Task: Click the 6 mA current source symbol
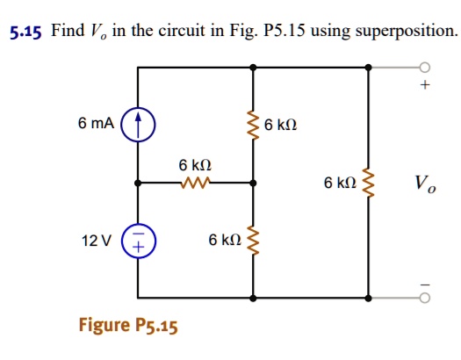pos(137,125)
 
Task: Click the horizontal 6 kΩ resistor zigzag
pos(194,184)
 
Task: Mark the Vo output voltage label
pos(423,184)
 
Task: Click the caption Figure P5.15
pos(128,327)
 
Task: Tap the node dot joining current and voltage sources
pos(137,184)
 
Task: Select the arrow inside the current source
pos(137,125)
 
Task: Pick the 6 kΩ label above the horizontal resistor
pos(195,166)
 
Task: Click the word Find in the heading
pos(67,32)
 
